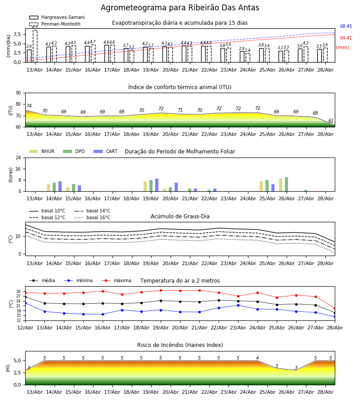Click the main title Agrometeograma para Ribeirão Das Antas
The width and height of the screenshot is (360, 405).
pos(180,8)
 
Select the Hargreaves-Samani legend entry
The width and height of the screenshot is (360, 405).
pos(57,17)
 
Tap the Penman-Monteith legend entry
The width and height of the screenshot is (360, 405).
pos(55,24)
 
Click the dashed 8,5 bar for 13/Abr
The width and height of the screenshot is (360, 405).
pos(35,46)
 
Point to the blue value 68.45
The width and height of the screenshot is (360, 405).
pos(346,26)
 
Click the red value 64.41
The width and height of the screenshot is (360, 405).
pos(346,38)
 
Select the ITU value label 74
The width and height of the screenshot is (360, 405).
pos(29,106)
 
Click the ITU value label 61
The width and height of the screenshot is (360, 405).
pos(331,121)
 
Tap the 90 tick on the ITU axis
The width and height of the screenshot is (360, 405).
pos(18,93)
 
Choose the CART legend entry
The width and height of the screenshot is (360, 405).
pos(106,151)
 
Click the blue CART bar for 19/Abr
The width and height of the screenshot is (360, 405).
pos(157,185)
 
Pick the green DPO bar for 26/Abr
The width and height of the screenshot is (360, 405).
pos(286,184)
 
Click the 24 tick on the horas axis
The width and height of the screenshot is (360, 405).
pos(18,157)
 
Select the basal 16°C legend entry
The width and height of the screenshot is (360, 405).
pos(92,217)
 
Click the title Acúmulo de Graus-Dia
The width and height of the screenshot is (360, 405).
pos(180,216)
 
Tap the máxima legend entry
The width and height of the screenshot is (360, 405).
pos(116,280)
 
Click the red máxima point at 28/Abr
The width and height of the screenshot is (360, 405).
pos(335,308)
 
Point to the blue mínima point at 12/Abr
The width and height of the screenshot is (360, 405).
pos(25,303)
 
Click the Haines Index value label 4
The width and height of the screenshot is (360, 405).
pos(257,358)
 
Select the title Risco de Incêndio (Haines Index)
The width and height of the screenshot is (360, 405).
pos(180,345)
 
